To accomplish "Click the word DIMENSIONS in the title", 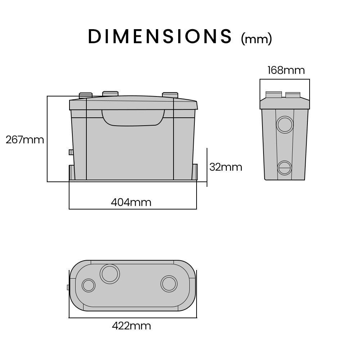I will coord(160,36).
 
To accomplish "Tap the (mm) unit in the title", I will coord(256,39).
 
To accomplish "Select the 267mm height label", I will coord(25,140).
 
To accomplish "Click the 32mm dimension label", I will coord(226,167).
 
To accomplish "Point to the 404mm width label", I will coord(131,202).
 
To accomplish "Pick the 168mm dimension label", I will coord(286,70).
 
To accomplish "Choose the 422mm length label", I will coord(131,326).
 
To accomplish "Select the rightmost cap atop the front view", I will coord(170,95).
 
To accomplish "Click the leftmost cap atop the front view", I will coord(86,95).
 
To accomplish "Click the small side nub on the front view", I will coord(71,152).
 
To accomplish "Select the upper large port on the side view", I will coord(285,125).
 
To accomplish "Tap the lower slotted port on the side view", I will coord(284,168).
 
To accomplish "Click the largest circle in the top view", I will coord(110,274).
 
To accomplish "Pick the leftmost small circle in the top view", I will coord(88,285).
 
